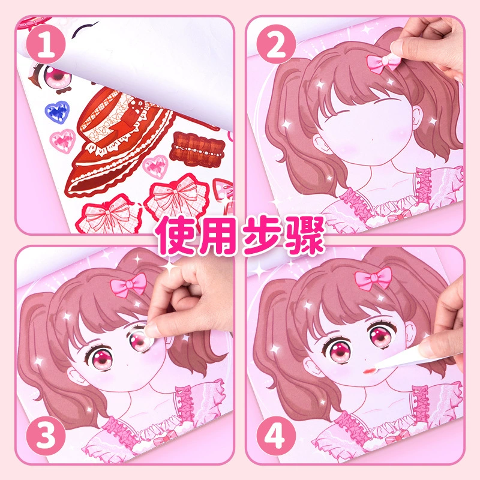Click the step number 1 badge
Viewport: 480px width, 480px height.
point(46,44)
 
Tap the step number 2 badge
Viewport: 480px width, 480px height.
point(276,44)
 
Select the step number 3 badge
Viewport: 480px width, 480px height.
point(46,436)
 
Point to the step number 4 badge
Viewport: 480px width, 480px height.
point(276,436)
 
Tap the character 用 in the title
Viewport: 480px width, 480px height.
point(218,235)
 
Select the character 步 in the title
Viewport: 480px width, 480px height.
point(262,235)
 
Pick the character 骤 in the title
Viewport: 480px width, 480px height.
point(305,235)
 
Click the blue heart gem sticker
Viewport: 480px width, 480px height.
point(57,112)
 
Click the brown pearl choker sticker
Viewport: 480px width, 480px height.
point(197,149)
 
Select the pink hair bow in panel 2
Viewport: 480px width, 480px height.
point(383,62)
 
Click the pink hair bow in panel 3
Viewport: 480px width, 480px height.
point(128,284)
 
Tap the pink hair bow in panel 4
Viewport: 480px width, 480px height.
point(373,278)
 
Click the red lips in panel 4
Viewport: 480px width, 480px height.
point(369,371)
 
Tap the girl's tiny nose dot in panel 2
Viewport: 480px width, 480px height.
point(373,140)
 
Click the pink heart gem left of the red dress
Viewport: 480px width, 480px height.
point(62,141)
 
